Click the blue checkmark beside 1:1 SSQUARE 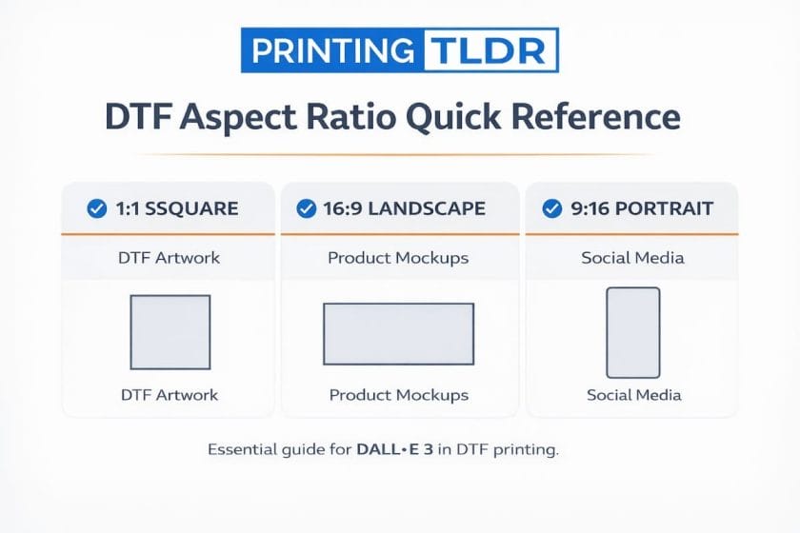pos(97,208)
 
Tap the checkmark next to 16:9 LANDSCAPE pos(307,208)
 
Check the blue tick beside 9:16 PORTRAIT pos(552,208)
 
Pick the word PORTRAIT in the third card pos(665,208)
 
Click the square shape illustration pos(170,331)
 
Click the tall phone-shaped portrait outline pos(633,332)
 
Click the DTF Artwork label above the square pos(170,258)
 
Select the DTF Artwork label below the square pos(170,394)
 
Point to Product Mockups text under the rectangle pos(398,394)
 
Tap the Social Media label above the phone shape pos(634,258)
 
